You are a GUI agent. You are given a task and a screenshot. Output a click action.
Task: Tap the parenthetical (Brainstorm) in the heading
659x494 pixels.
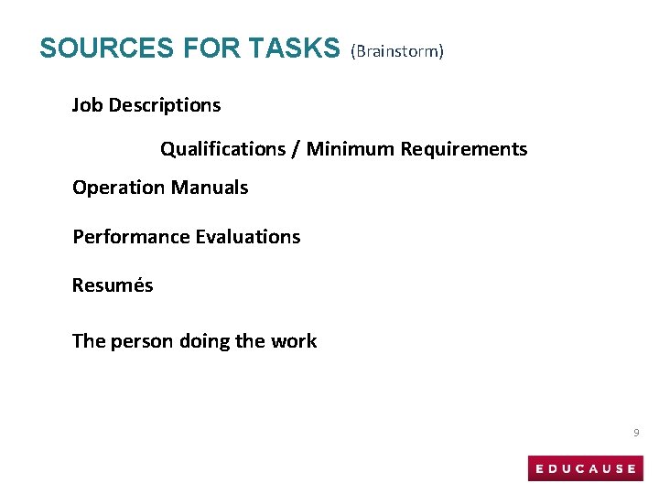[x=398, y=51]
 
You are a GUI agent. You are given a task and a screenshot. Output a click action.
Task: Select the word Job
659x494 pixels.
[x=88, y=105]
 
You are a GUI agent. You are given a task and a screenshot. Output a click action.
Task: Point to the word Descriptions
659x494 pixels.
[x=165, y=105]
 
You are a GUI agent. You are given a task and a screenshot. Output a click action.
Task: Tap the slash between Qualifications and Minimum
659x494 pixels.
[x=297, y=149]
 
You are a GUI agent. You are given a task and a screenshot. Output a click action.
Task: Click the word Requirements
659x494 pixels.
[x=464, y=149]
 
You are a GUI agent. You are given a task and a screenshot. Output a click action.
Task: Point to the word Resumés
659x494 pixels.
[x=113, y=285]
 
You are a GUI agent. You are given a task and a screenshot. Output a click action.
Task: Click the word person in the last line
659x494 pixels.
[x=143, y=342]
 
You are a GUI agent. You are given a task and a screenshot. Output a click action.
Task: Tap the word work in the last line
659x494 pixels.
[x=294, y=342]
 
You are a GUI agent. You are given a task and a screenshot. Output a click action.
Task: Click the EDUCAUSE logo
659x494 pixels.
[x=586, y=468]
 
